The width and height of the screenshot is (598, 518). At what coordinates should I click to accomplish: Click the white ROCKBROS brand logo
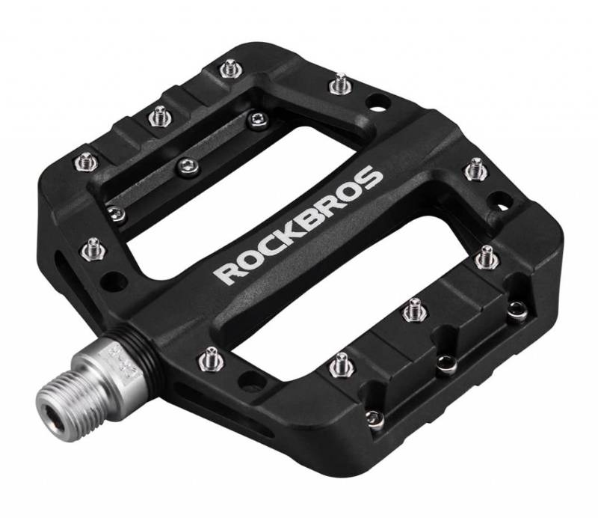click(299, 224)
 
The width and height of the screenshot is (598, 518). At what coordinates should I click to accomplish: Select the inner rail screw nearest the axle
click(114, 213)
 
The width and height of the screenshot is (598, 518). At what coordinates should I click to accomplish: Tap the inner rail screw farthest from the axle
click(257, 118)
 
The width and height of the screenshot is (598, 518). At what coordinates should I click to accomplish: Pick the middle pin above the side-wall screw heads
click(412, 308)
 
